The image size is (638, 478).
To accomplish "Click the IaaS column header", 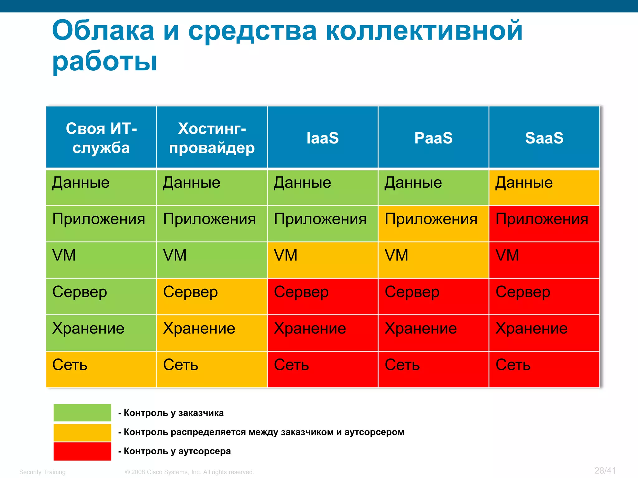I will click(322, 138).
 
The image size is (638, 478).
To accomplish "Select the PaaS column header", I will click(433, 138).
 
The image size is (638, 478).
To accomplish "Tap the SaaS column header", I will click(544, 138).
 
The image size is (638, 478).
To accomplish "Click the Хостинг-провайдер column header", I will click(212, 138).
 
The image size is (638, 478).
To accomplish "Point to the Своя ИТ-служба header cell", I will click(101, 138).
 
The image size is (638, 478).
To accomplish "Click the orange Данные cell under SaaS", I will click(544, 187).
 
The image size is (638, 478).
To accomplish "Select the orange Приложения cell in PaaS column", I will click(433, 223).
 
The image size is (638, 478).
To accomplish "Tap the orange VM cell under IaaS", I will click(322, 260).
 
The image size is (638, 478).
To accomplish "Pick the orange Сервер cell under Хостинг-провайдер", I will click(212, 296).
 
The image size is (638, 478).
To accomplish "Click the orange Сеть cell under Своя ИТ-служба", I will click(101, 369).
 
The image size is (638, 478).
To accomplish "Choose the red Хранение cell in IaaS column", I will click(322, 333).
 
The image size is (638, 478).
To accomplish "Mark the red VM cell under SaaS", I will click(544, 260).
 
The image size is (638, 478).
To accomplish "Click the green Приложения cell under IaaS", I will click(322, 223).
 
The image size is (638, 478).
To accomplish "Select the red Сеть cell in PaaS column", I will click(433, 369).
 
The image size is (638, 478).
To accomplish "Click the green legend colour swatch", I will click(82, 413).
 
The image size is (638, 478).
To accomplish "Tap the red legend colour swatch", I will click(82, 451).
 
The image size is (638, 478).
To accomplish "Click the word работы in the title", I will click(105, 61).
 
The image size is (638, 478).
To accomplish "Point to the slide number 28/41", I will click(605, 471).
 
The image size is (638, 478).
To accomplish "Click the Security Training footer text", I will click(42, 472).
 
